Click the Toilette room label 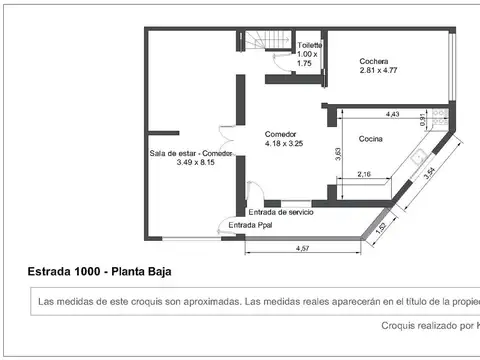click(x=310, y=46)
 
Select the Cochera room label click(x=374, y=61)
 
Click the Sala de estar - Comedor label click(x=191, y=153)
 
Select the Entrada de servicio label click(x=281, y=212)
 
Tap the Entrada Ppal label click(x=249, y=226)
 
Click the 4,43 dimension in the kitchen click(x=392, y=114)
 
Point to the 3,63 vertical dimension click(x=338, y=153)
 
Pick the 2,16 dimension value click(x=365, y=175)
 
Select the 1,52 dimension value click(x=380, y=226)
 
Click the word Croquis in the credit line click(x=402, y=325)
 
